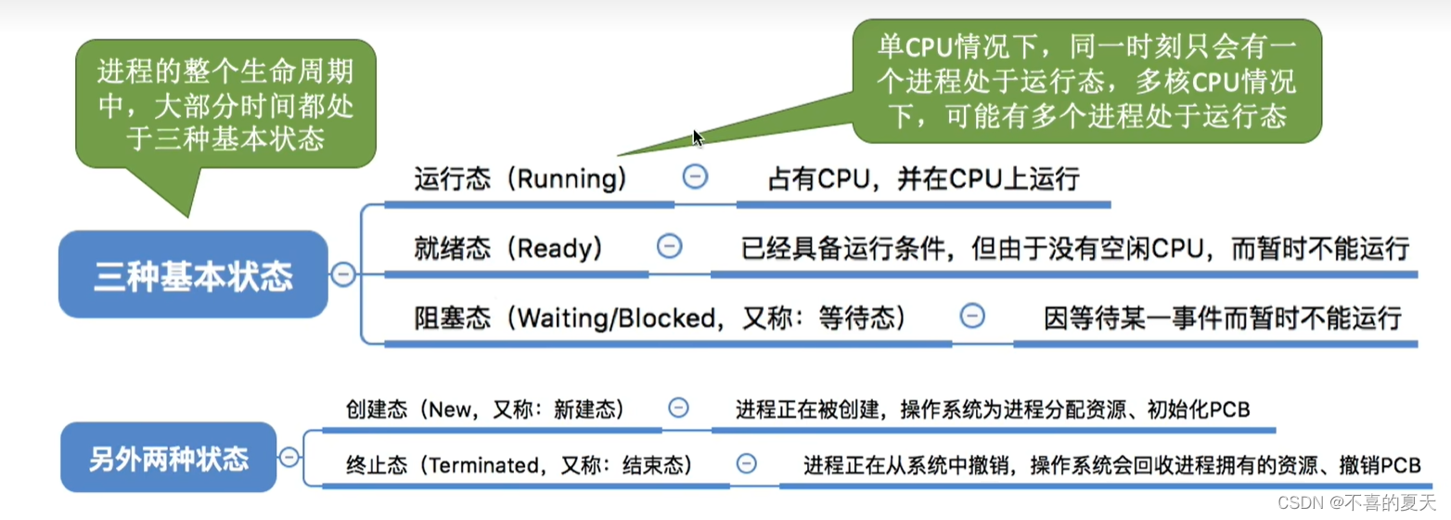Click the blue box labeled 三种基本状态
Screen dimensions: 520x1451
click(193, 275)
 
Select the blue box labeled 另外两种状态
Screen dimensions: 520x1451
click(169, 457)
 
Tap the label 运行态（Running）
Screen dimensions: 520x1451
click(520, 178)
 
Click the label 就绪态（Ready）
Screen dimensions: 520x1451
click(508, 248)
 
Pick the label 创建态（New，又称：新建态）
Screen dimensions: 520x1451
click(484, 409)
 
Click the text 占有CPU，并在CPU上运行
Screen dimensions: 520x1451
click(923, 178)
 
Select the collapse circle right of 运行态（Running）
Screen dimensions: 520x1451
click(695, 176)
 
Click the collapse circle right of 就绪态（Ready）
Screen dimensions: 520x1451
click(669, 246)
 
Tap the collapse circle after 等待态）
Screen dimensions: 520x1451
click(971, 317)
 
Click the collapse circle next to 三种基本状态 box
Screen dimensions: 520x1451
click(343, 275)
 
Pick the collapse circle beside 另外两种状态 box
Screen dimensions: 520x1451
click(289, 457)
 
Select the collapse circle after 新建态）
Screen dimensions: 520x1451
click(679, 408)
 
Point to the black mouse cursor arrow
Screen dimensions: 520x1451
click(698, 138)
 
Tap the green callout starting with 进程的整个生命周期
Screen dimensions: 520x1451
click(225, 105)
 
